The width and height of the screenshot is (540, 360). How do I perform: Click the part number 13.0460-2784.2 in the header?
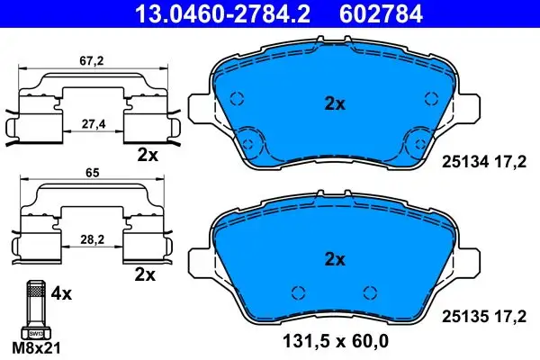223,14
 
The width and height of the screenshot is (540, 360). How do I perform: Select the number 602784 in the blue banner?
381,14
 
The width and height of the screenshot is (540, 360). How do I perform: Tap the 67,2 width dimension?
92,61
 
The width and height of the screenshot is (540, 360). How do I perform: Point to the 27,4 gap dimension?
93,124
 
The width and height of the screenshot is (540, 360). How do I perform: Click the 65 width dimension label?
93,173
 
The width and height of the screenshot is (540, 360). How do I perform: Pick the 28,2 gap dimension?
92,239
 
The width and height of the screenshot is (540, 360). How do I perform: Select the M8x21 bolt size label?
36,348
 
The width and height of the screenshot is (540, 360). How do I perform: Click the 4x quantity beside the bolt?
61,294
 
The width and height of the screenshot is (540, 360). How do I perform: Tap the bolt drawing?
36,310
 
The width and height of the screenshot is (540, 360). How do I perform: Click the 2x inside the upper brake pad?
335,103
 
